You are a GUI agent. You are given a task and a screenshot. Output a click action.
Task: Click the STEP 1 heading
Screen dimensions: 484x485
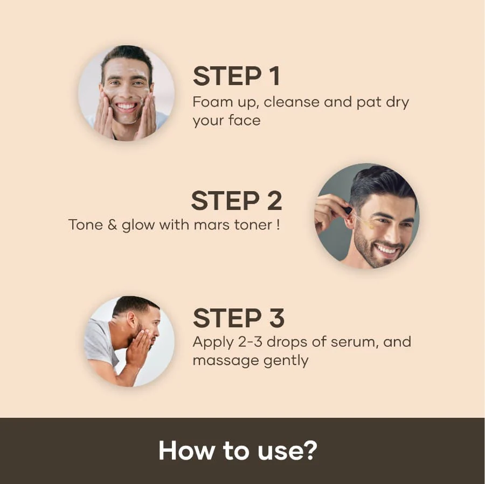click(x=237, y=76)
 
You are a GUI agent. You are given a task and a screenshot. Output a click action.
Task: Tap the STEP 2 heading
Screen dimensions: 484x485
click(x=236, y=201)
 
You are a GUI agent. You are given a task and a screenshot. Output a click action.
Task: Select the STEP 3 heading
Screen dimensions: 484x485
click(x=238, y=318)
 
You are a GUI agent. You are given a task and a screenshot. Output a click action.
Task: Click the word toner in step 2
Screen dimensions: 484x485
click(x=253, y=225)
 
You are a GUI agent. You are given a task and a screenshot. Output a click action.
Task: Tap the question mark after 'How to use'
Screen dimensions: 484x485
click(x=308, y=451)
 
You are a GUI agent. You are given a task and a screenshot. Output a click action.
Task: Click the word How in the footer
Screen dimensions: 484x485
click(x=180, y=451)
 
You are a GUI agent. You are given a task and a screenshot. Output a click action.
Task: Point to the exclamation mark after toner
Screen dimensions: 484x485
click(x=278, y=224)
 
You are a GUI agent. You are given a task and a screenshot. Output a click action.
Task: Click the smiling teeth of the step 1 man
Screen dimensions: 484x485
click(x=127, y=107)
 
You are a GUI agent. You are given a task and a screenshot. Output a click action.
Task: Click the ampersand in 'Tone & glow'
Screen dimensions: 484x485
click(x=112, y=225)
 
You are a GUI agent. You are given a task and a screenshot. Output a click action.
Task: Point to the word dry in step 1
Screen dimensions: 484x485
click(x=397, y=102)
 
